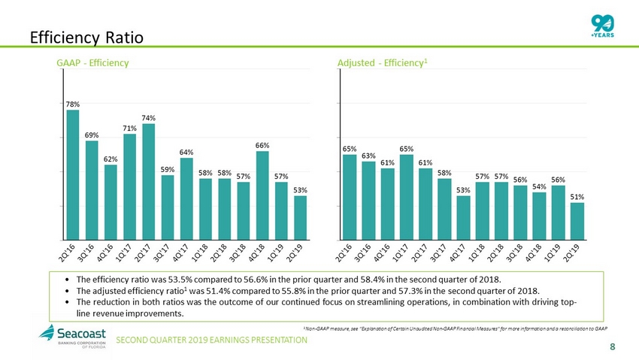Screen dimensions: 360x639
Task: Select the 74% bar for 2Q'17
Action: click(149, 181)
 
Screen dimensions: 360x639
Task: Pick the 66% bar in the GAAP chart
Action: click(262, 195)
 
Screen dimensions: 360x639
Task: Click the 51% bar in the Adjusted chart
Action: click(577, 220)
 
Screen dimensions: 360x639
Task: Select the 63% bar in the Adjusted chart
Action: click(368, 200)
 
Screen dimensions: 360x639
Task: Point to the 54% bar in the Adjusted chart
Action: click(540, 216)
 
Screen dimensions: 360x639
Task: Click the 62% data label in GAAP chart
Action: click(111, 159)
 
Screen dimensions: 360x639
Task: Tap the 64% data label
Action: click(186, 151)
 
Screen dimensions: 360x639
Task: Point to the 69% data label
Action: click(92, 135)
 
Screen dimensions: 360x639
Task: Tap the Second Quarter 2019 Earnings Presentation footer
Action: click(217, 340)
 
